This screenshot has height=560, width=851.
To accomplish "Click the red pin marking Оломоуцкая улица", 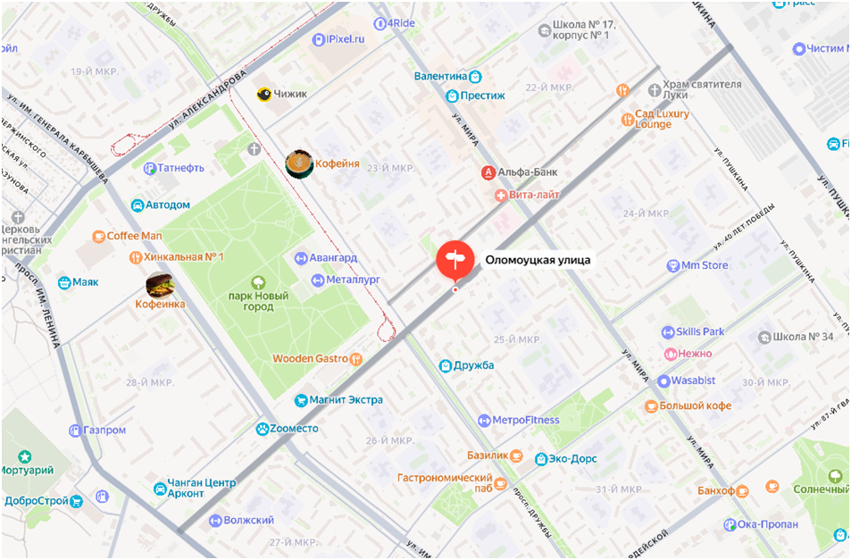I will coord(455,259).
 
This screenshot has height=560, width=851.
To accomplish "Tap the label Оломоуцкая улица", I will coord(538,261).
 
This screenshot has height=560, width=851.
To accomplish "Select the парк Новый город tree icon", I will coord(259,282).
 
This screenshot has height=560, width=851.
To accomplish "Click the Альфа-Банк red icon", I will coord(488,171).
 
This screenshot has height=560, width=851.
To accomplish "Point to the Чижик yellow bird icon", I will coord(264,94).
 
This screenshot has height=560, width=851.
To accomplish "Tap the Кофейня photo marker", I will coord(299,163).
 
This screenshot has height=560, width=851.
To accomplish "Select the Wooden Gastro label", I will coord(310,359).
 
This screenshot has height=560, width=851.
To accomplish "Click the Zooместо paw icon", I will coord(262,429).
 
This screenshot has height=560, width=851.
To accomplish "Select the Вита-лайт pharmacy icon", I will coord(500,195).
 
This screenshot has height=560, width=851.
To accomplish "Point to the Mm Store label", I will coord(705,265).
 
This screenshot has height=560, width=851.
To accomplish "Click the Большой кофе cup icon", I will coord(651,406).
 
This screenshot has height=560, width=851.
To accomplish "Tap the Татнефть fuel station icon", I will coord(150,168).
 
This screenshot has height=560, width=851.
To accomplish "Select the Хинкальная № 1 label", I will coord(182,257).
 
